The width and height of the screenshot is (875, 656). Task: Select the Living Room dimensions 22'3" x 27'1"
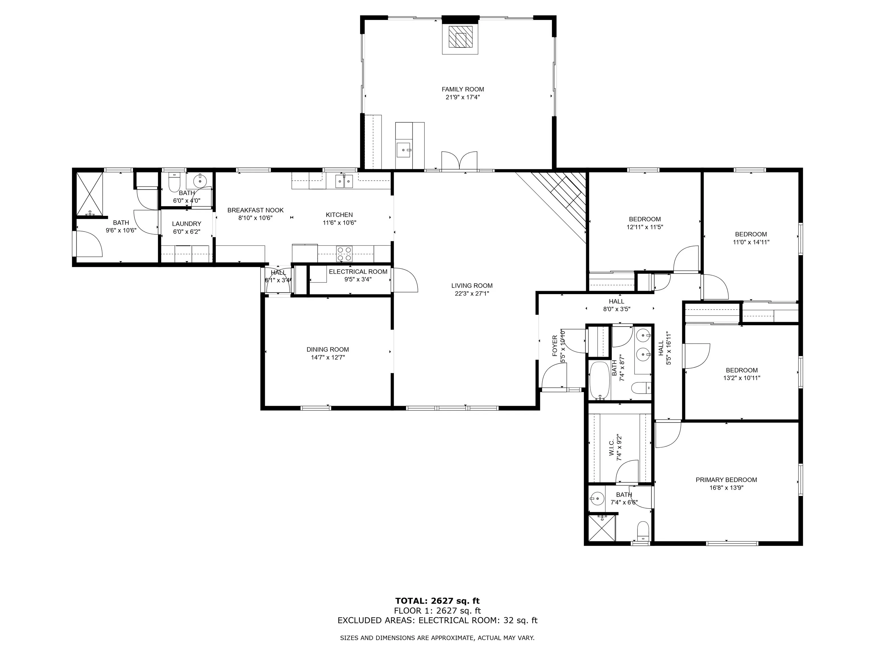(x=472, y=293)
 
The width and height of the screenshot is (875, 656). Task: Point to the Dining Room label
(x=328, y=350)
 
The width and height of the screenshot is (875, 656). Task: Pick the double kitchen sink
(x=344, y=181)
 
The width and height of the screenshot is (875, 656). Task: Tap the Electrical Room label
(x=358, y=272)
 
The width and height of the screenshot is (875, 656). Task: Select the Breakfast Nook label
(x=255, y=210)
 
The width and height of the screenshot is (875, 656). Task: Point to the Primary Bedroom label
(x=726, y=480)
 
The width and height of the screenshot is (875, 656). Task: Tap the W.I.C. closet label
(x=612, y=448)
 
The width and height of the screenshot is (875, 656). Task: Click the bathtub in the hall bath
(x=600, y=381)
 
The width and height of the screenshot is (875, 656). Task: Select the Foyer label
(x=555, y=345)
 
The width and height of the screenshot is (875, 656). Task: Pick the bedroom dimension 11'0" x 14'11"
(x=751, y=242)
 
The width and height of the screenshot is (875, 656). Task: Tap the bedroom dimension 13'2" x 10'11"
(x=742, y=378)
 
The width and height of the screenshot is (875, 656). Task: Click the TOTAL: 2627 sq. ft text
(x=437, y=601)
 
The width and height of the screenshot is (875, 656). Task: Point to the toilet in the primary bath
(x=644, y=531)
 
